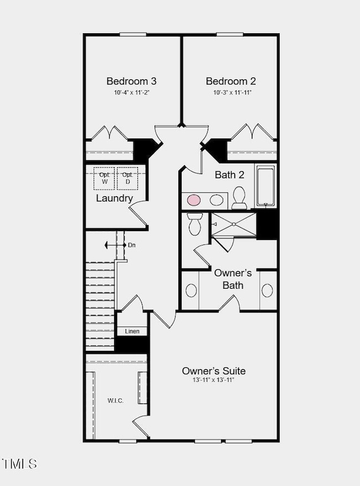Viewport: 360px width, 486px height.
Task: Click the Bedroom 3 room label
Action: tap(131, 81)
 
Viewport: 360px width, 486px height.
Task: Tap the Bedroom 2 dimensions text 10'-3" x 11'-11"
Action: tap(232, 93)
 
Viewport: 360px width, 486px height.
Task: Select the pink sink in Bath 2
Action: tap(194, 200)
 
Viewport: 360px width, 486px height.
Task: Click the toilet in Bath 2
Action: tap(239, 198)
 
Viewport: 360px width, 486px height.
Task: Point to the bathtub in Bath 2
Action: tap(265, 186)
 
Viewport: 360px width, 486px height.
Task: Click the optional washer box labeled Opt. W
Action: tap(104, 178)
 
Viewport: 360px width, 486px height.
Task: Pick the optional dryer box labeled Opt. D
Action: tap(127, 178)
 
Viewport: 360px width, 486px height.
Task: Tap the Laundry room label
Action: tap(114, 198)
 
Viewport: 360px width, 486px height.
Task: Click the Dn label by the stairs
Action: tap(132, 245)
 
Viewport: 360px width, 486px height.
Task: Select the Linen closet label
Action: tap(132, 331)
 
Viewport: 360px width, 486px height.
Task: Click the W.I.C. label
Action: tap(116, 401)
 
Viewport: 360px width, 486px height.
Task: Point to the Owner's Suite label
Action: tap(214, 371)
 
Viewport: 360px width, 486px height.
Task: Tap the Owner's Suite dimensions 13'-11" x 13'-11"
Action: tap(213, 380)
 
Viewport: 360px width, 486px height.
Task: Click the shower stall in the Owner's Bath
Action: tap(234, 224)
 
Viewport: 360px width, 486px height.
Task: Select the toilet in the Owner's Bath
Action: tap(194, 224)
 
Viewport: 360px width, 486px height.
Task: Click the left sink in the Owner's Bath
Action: tap(191, 290)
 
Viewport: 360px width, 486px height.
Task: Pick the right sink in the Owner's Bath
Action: tap(268, 290)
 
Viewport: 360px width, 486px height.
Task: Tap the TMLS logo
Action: tap(19, 464)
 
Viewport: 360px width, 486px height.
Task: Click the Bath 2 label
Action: tap(230, 175)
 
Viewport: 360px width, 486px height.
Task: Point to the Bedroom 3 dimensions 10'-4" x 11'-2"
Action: tap(132, 93)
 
